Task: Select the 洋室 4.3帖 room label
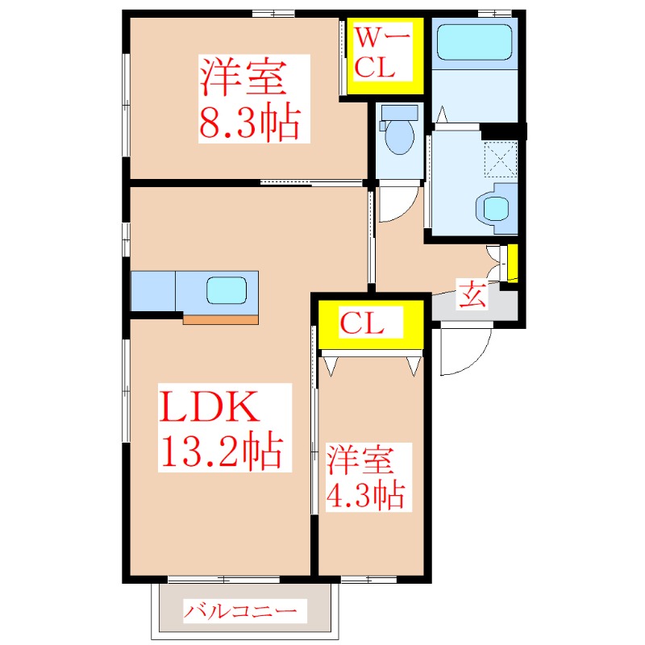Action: tap(365, 476)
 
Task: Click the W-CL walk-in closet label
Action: tap(384, 52)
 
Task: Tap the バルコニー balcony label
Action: tap(245, 611)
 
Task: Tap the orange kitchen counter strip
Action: tap(220, 319)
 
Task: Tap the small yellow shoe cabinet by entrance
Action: tap(512, 262)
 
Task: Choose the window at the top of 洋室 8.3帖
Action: tap(272, 13)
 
